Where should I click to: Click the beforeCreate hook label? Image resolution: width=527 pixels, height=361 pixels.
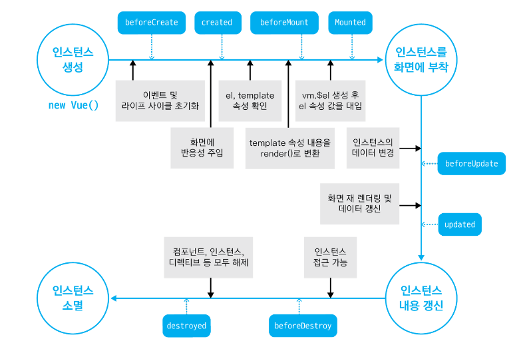(x=152, y=23)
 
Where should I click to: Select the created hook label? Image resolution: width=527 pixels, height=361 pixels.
(x=217, y=23)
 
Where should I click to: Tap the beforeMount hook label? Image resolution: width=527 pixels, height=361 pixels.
(x=284, y=23)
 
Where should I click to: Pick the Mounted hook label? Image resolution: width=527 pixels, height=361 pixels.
(x=350, y=23)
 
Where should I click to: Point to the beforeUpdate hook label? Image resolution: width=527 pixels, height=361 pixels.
(x=472, y=164)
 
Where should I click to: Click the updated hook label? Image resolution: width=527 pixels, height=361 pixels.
(x=460, y=224)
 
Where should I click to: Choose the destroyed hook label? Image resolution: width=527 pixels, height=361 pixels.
(x=186, y=326)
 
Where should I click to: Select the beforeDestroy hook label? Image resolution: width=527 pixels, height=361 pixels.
(x=303, y=326)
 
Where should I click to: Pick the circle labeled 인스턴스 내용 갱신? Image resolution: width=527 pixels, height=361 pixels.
(x=421, y=298)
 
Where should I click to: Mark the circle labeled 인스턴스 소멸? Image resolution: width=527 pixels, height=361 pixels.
(x=73, y=298)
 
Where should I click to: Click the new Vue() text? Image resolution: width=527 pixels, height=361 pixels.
(x=73, y=105)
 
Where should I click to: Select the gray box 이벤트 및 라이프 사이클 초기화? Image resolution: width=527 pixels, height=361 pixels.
(x=160, y=101)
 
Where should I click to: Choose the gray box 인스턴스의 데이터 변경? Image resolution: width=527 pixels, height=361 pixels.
(x=373, y=148)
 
